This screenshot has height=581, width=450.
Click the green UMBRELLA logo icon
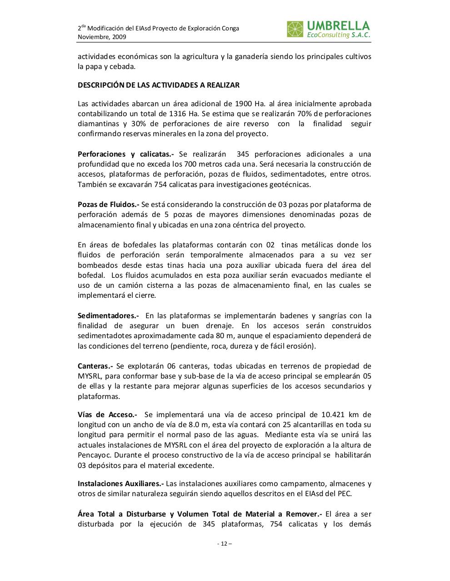[295, 29]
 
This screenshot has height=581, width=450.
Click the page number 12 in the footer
[224, 543]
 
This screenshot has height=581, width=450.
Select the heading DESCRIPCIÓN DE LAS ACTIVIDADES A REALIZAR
[158, 85]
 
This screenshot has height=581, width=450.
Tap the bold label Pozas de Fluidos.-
[108, 204]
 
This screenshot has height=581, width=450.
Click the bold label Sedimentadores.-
[108, 315]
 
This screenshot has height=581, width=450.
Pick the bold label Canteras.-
[95, 366]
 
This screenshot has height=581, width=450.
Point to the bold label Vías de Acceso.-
[107, 414]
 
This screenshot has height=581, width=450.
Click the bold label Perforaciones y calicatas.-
[125, 154]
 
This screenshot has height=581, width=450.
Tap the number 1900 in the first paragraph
[244, 103]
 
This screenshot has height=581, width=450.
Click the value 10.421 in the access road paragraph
[334, 414]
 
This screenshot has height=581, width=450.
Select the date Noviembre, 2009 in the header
[102, 37]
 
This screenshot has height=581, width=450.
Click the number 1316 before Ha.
[177, 113]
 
